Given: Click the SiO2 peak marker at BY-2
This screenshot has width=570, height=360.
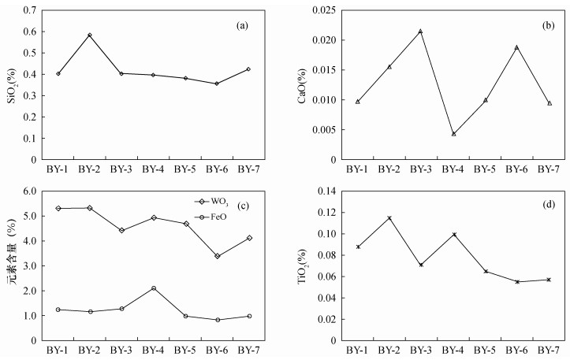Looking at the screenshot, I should tap(90, 35).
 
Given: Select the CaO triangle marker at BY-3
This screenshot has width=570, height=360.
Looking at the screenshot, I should tap(420, 32).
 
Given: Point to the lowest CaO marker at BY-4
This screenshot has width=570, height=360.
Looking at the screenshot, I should tap(453, 134).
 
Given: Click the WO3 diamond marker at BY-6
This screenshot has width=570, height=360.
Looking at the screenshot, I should tap(217, 256).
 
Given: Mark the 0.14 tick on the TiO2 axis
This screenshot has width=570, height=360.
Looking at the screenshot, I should tap(326, 191).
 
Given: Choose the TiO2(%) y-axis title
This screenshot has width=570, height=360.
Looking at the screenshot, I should tap(304, 265).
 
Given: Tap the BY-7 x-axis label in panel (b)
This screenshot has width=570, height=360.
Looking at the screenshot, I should tap(550, 169).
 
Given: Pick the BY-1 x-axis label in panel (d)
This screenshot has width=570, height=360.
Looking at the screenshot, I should tap(357, 350).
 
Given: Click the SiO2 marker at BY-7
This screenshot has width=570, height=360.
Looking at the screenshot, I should tap(249, 69).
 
